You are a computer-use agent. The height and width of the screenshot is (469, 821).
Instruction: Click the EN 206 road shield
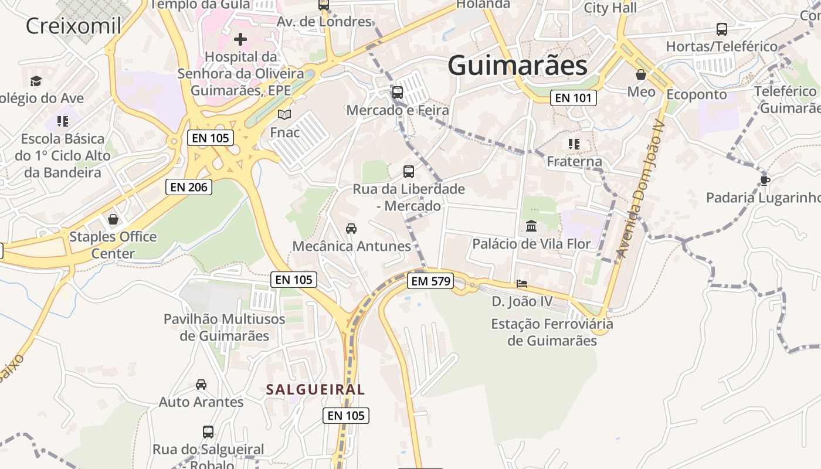(188, 187)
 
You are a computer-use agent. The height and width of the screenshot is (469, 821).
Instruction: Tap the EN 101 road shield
(573, 98)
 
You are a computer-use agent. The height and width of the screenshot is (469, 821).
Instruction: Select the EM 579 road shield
(431, 281)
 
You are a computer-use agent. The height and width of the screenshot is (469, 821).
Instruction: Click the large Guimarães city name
(517, 66)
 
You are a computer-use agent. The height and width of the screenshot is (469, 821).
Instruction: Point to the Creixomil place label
(74, 26)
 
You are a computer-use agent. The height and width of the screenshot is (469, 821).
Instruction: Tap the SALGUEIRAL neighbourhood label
(315, 389)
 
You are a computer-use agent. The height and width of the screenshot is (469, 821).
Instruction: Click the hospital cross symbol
(240, 39)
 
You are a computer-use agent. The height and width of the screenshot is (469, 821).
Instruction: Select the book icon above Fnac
(284, 114)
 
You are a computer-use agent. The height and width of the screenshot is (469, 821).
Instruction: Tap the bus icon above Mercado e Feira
(398, 92)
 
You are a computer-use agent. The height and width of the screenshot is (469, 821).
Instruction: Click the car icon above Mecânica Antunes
(351, 228)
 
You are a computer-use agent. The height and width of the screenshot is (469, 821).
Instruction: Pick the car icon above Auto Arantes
(201, 385)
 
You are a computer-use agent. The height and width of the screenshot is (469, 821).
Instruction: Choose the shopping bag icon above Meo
(641, 74)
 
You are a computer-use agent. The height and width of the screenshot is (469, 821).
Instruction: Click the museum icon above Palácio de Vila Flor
(531, 226)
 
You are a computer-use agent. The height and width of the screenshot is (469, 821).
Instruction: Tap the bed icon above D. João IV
(521, 284)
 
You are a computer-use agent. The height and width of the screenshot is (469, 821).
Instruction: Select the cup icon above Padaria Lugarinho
(765, 180)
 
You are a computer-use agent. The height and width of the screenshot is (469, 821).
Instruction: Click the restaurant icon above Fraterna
(574, 144)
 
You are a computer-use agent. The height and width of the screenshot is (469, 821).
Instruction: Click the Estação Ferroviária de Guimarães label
(552, 332)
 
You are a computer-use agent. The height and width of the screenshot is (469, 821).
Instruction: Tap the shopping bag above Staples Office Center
(113, 219)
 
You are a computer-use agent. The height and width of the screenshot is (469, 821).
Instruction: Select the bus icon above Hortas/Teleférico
(722, 29)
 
